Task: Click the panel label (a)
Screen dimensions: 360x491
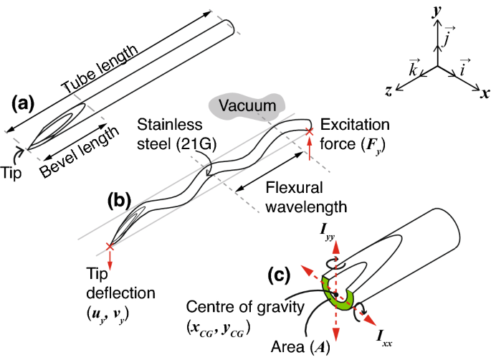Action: tap(22, 104)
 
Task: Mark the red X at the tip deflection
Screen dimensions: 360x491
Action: tap(110, 246)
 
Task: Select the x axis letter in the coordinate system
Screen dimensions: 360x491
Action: tap(485, 93)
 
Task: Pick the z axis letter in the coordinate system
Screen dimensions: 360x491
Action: tap(388, 90)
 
